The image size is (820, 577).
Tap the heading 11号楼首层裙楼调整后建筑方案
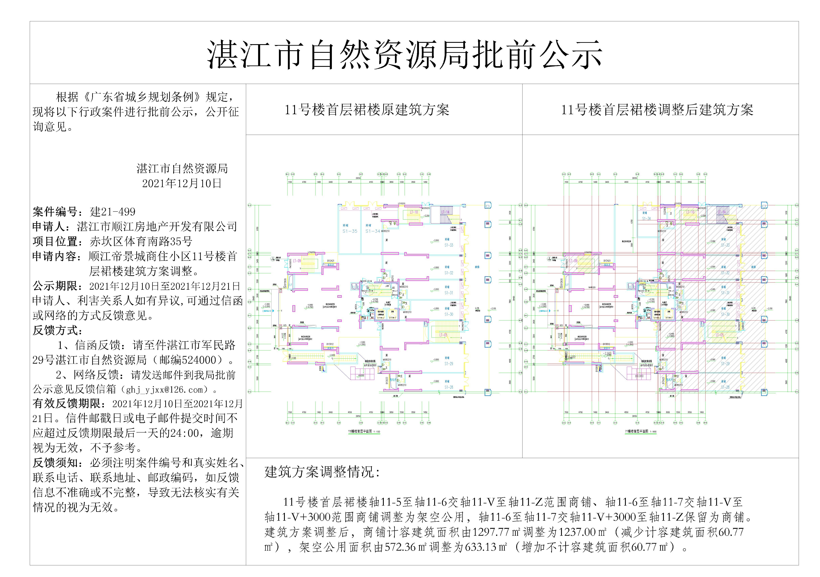click(x=657, y=110)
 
